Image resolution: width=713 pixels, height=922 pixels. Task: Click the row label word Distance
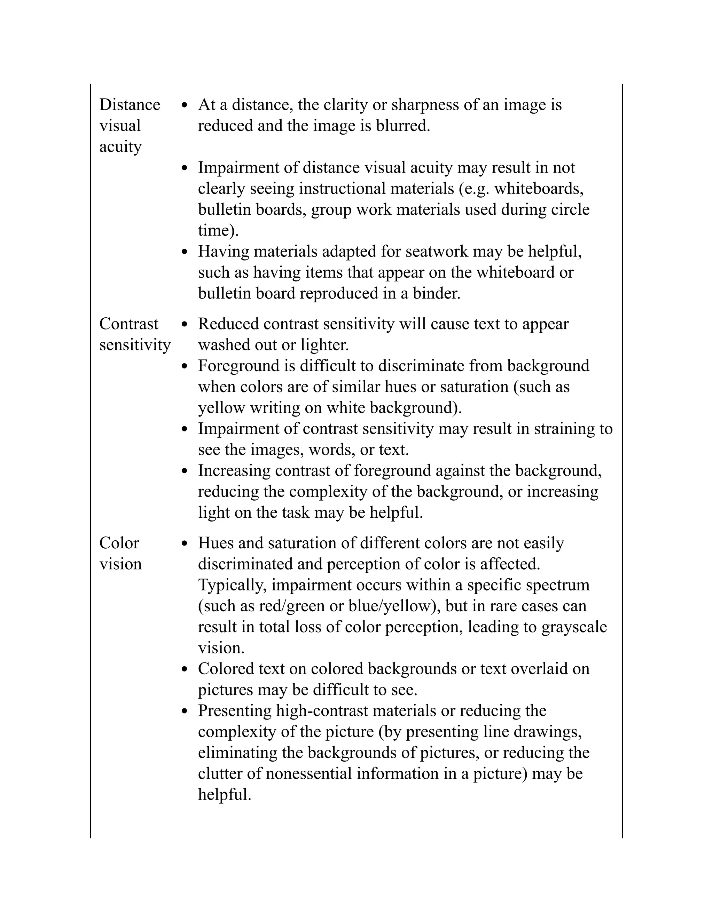(x=129, y=105)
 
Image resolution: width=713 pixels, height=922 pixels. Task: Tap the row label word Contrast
(x=128, y=324)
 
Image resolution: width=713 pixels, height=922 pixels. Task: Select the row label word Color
(x=119, y=543)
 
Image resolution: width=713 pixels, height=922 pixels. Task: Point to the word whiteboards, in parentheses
(x=539, y=189)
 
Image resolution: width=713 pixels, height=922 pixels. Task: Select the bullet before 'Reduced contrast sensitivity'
(x=184, y=325)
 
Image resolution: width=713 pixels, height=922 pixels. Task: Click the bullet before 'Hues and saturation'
(x=184, y=544)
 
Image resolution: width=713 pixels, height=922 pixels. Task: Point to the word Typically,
(x=232, y=586)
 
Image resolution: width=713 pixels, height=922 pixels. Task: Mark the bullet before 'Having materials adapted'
(x=184, y=252)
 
